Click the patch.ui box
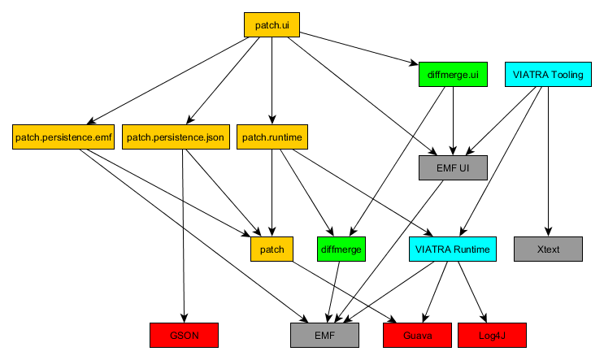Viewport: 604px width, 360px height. click(x=272, y=25)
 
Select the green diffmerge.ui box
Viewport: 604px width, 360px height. click(x=453, y=74)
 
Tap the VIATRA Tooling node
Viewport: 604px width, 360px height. click(x=548, y=74)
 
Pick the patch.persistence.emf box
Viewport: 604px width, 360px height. click(x=63, y=137)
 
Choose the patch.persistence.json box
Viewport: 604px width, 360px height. click(x=176, y=137)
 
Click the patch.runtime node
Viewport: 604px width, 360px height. click(x=272, y=137)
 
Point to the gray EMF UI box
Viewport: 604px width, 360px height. click(x=453, y=168)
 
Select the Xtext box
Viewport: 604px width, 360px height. click(x=548, y=249)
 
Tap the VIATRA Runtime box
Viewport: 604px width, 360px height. click(x=453, y=249)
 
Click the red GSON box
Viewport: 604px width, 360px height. click(x=185, y=336)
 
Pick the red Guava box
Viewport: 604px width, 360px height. click(x=417, y=336)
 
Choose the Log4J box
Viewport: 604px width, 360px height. click(x=492, y=336)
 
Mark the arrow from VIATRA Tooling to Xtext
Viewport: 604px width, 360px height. click(x=548, y=162)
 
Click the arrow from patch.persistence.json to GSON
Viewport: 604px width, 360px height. click(x=184, y=236)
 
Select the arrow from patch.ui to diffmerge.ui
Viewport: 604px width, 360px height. click(x=359, y=49)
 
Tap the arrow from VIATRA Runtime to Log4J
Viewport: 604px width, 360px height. click(x=472, y=292)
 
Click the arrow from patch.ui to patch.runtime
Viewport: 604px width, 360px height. click(x=272, y=80)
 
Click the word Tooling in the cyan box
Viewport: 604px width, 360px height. click(x=567, y=74)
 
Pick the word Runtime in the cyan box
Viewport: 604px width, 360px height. click(x=471, y=249)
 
